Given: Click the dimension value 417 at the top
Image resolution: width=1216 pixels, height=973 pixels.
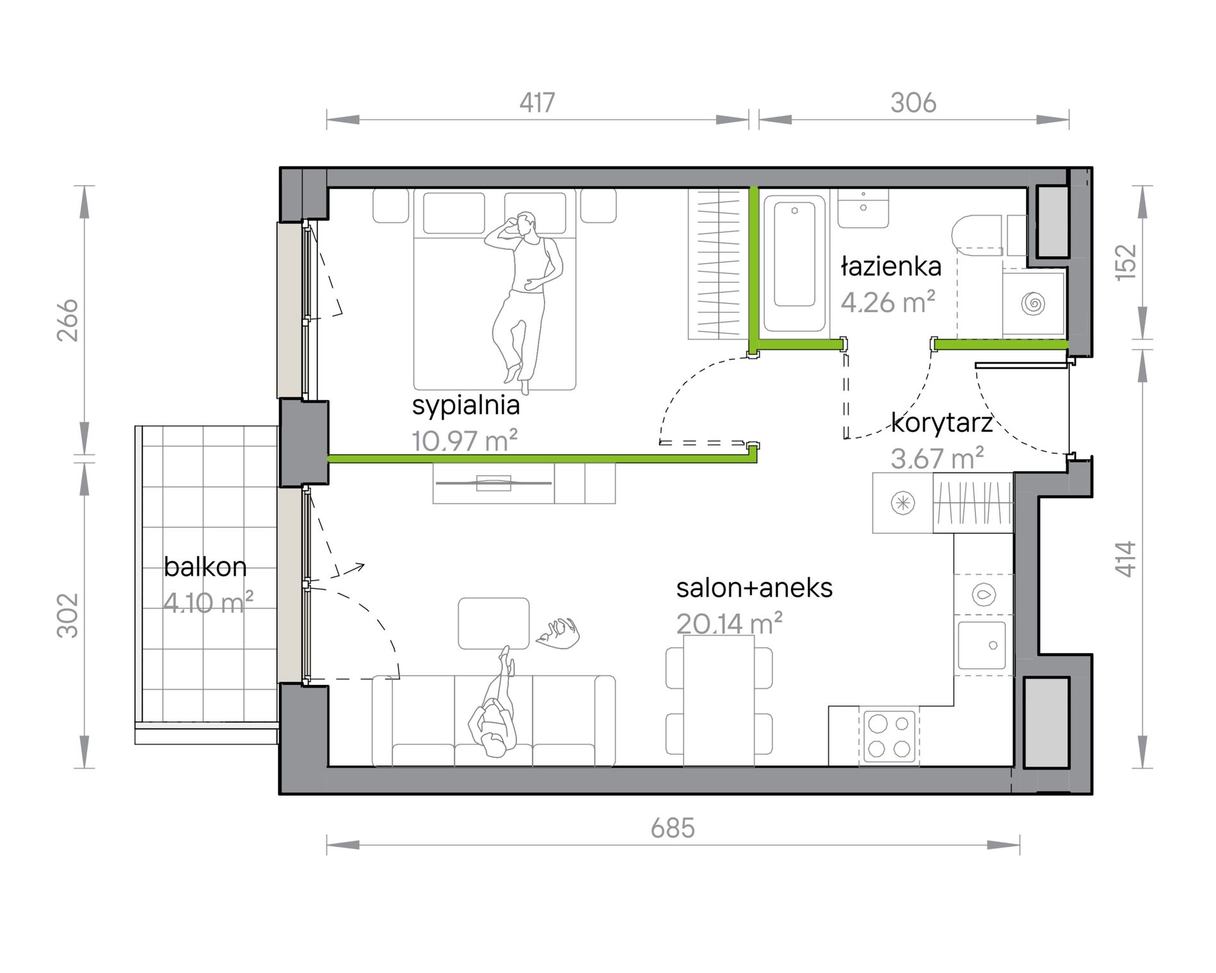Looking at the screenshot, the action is click(537, 102).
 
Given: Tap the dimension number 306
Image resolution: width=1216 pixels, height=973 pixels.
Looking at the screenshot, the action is click(913, 102).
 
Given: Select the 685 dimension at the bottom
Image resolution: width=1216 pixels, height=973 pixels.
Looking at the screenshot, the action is click(673, 828).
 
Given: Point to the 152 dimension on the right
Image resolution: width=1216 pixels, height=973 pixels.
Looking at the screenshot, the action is click(1126, 261).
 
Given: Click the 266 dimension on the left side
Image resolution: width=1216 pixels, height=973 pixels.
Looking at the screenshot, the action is click(68, 320).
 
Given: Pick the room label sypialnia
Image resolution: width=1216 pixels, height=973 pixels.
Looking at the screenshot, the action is click(466, 406).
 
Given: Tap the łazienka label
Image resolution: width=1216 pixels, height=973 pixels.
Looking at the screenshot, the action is click(891, 266).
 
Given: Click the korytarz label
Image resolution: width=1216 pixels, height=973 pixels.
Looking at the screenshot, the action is click(942, 422).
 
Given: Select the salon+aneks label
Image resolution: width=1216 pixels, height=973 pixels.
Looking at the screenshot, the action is click(755, 588).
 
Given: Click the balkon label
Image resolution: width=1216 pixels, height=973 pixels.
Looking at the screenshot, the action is click(205, 567).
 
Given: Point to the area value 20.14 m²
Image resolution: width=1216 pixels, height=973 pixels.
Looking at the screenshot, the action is click(730, 623).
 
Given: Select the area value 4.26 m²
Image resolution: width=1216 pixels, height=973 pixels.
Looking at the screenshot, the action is click(888, 302).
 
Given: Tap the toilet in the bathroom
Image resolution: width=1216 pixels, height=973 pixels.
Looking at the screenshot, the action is click(976, 234).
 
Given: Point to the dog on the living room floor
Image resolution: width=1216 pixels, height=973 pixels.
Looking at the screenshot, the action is click(559, 632).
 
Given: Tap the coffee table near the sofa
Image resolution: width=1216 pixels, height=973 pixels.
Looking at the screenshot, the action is click(493, 623).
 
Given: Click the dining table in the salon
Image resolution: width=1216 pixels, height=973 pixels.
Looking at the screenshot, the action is click(719, 700).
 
